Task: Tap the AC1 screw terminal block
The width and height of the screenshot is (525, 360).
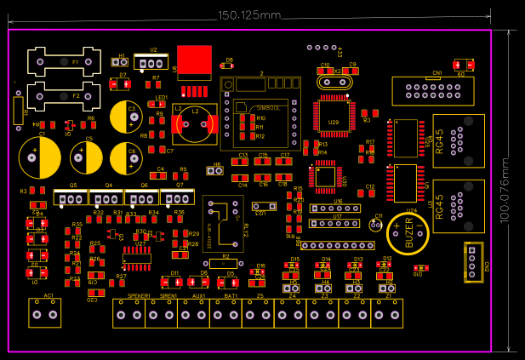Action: tap(46, 313)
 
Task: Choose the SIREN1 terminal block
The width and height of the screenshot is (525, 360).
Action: tap(165, 316)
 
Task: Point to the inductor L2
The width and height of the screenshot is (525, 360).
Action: tap(195, 125)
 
